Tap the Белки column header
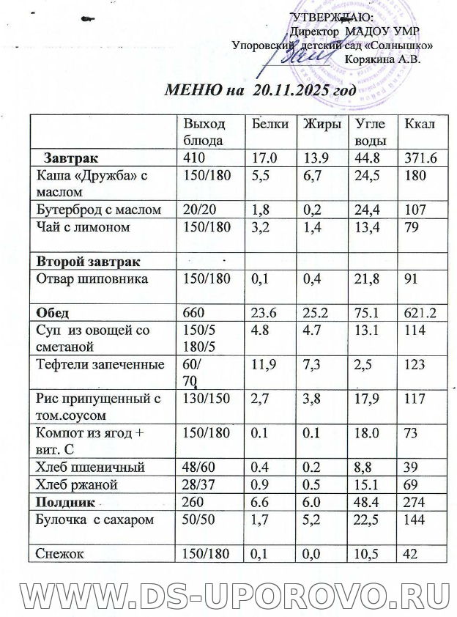[x=269, y=124]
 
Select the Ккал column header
[x=415, y=124]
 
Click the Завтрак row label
[x=71, y=158]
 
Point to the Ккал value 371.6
[x=415, y=158]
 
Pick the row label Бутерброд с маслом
[x=98, y=210]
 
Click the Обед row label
[x=54, y=314]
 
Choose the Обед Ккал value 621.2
[x=415, y=314]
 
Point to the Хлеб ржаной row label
[x=76, y=485]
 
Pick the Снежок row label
[x=59, y=555]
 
